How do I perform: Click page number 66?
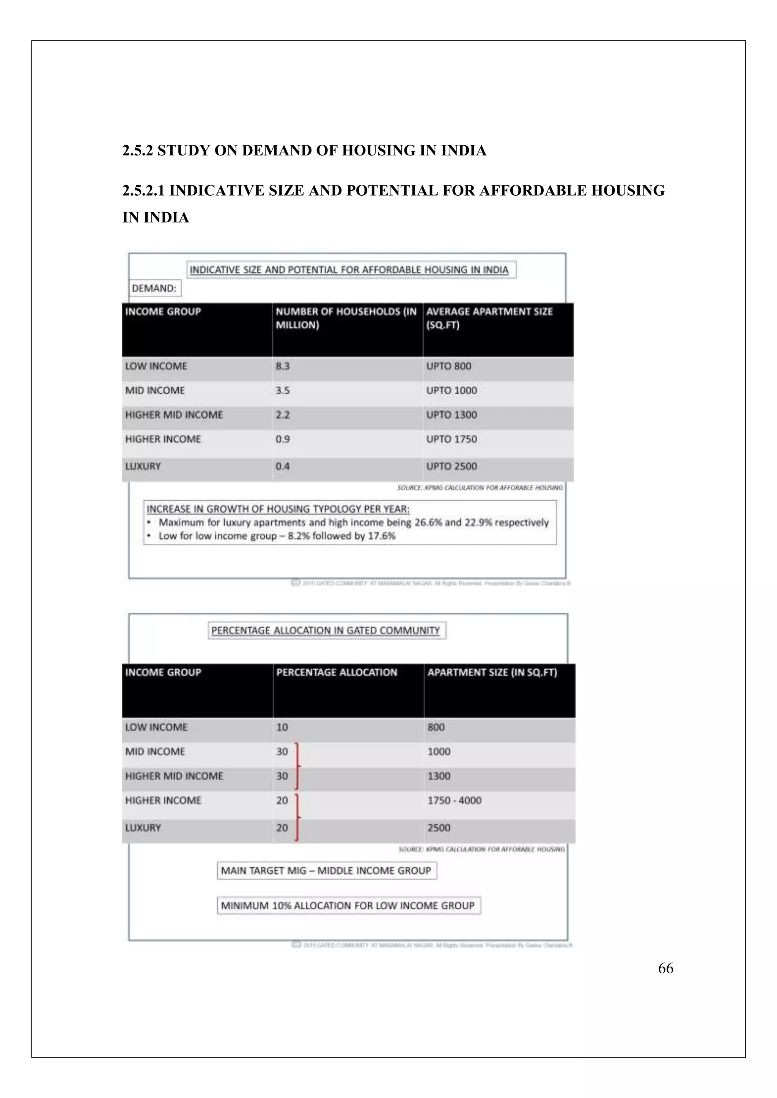[x=665, y=968]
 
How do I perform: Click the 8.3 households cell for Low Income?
[x=282, y=366]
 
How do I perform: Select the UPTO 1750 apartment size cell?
[x=451, y=439]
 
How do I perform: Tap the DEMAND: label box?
[x=154, y=289]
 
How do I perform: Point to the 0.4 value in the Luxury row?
[x=282, y=466]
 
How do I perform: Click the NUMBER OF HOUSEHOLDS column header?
[x=346, y=318]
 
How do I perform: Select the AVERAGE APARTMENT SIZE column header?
[x=489, y=318]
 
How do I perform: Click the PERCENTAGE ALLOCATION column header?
[x=337, y=672]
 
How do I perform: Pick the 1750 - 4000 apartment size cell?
[x=454, y=800]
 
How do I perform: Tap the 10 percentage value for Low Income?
[x=282, y=727]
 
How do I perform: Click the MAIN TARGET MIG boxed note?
[x=326, y=871]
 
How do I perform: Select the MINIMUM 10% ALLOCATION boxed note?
[x=348, y=906]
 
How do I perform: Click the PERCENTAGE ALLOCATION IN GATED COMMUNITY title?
[x=326, y=630]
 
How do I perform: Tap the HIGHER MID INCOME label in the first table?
[x=174, y=415]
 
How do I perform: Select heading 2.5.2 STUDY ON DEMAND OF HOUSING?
[x=304, y=151]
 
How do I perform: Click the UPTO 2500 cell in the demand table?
[x=451, y=466]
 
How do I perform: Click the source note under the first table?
[x=480, y=488]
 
